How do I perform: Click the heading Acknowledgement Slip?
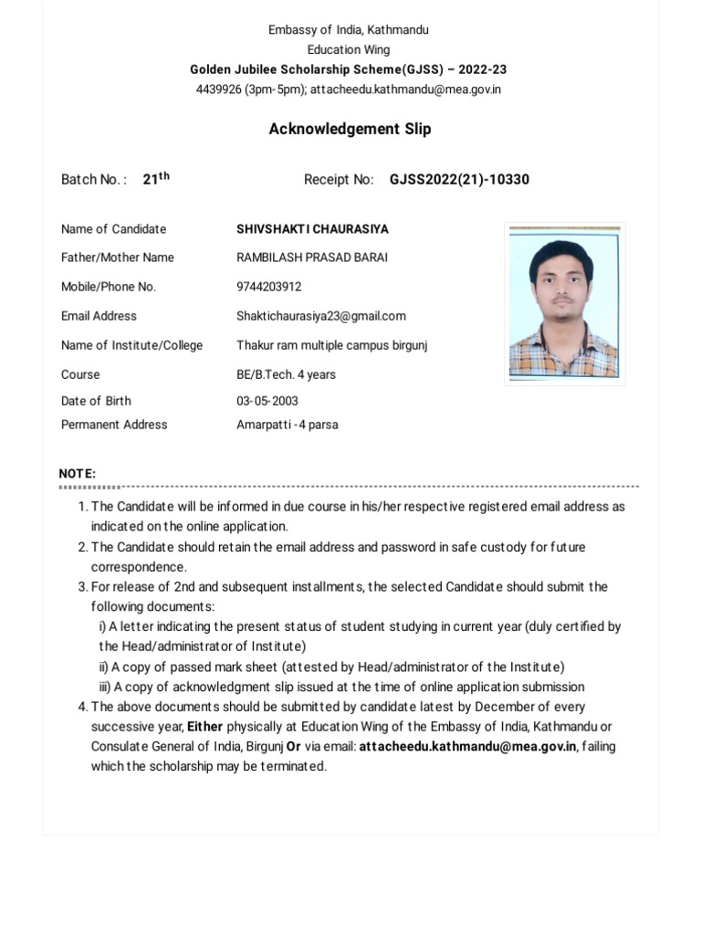pos(350,129)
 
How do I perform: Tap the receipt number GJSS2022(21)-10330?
pos(459,180)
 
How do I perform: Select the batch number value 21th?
pos(156,179)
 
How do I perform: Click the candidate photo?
pos(564,303)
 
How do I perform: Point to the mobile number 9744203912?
pos(268,287)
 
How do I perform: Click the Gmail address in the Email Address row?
pos(321,316)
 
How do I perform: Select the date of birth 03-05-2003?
pos(267,401)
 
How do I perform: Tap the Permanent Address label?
pos(114,425)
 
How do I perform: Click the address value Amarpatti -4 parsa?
pos(287,425)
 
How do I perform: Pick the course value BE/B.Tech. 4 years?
pos(286,374)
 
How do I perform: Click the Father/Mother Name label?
pos(117,257)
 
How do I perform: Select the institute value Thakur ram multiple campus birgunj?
pos(331,345)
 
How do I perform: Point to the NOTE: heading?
pos(78,473)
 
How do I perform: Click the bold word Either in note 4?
pos(204,727)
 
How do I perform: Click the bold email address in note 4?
pos(467,747)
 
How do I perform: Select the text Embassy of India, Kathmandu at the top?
pos(349,30)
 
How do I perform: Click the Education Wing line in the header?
pos(349,50)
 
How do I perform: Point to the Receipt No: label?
pos(339,180)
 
